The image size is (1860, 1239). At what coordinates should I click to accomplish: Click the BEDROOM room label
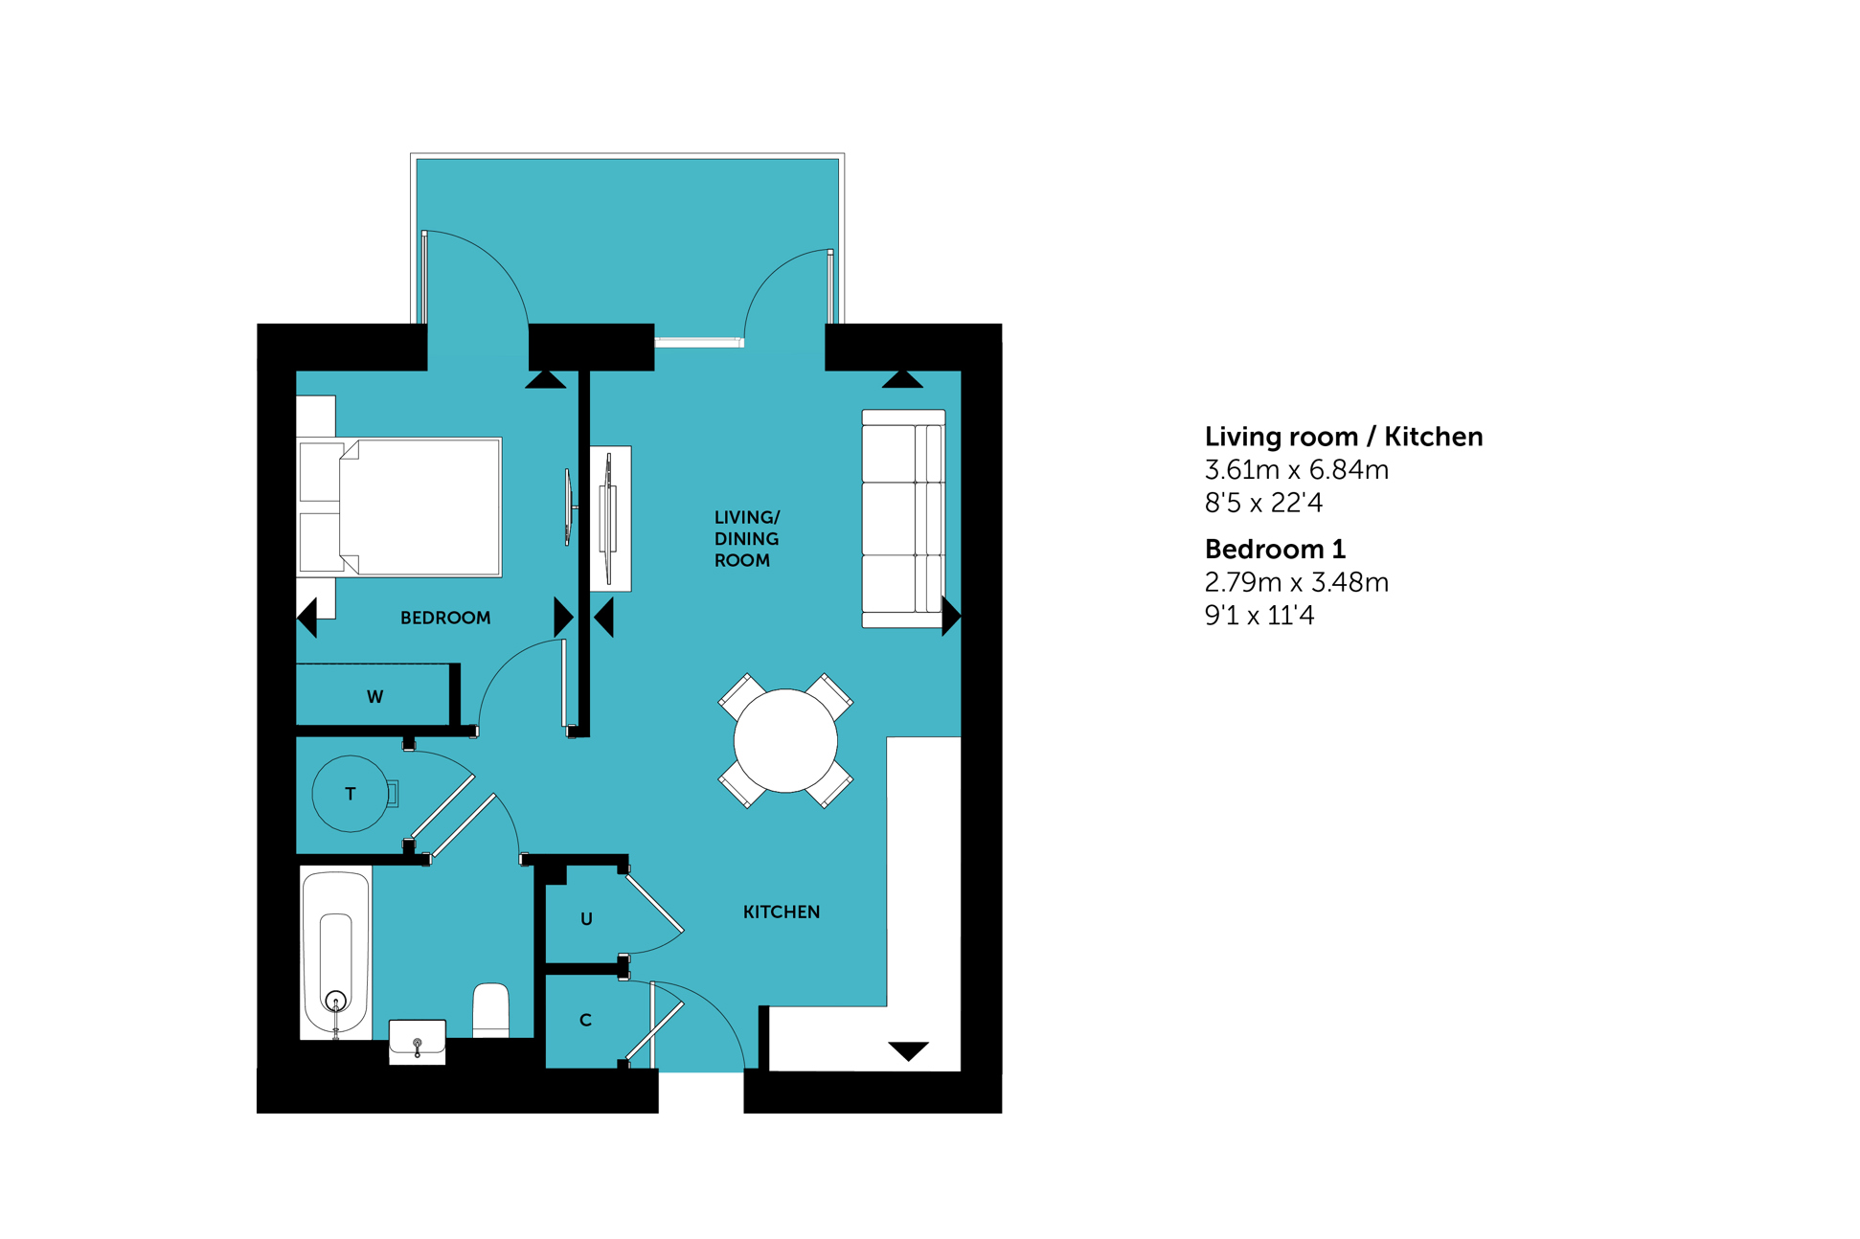tap(445, 619)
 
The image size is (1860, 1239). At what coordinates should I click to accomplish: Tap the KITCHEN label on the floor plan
tap(782, 912)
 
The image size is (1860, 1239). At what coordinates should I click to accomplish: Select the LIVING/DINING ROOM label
tap(747, 539)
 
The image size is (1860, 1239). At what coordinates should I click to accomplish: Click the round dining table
tap(785, 740)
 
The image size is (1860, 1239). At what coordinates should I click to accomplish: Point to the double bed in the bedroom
tap(400, 507)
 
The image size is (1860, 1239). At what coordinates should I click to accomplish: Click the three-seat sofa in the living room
tap(903, 519)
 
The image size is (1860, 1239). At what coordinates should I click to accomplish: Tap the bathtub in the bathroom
tap(335, 954)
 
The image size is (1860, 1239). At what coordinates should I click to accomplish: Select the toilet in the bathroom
tap(491, 1010)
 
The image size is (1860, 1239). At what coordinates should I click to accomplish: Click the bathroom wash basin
tap(418, 1042)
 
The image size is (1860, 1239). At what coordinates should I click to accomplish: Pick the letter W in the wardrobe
tap(375, 697)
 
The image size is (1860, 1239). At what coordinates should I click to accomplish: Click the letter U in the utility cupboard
tap(586, 919)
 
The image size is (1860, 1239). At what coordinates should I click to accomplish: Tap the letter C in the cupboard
tap(585, 1021)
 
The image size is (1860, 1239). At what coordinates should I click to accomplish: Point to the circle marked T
tap(351, 794)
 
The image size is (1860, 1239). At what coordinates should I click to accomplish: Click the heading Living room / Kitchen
tap(1344, 438)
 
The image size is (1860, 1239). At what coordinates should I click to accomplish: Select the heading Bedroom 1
tap(1275, 550)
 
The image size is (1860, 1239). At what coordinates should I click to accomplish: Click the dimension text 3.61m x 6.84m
tap(1297, 470)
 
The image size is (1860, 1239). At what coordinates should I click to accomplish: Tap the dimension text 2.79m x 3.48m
tap(1297, 582)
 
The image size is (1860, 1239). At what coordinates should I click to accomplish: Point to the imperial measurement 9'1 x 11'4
tap(1259, 616)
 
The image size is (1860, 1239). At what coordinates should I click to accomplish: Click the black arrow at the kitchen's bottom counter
tap(908, 1050)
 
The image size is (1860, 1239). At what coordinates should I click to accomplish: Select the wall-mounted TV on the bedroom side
tap(568, 507)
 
